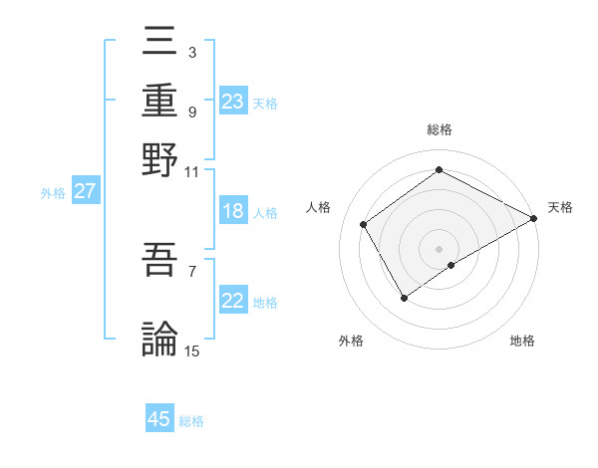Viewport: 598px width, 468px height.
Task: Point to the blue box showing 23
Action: pos(233,102)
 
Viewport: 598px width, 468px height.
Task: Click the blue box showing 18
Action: pos(233,211)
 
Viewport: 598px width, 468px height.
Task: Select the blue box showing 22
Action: pos(233,302)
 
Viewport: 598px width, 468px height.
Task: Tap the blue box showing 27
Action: pos(85,191)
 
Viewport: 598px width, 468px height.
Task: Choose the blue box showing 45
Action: pos(159,419)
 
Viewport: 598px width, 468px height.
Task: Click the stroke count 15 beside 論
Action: pos(192,351)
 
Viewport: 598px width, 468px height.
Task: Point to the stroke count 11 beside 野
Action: pos(191,171)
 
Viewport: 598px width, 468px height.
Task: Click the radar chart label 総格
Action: pos(440,129)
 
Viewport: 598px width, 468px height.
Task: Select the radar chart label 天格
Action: pos(560,207)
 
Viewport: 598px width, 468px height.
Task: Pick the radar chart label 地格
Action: pos(522,341)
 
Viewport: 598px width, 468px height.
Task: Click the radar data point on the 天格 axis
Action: pos(534,218)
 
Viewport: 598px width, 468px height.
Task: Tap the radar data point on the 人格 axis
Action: pos(364,224)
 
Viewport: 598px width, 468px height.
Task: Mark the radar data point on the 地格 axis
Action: pos(451,265)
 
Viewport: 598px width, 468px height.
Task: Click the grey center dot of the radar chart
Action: pos(440,248)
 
